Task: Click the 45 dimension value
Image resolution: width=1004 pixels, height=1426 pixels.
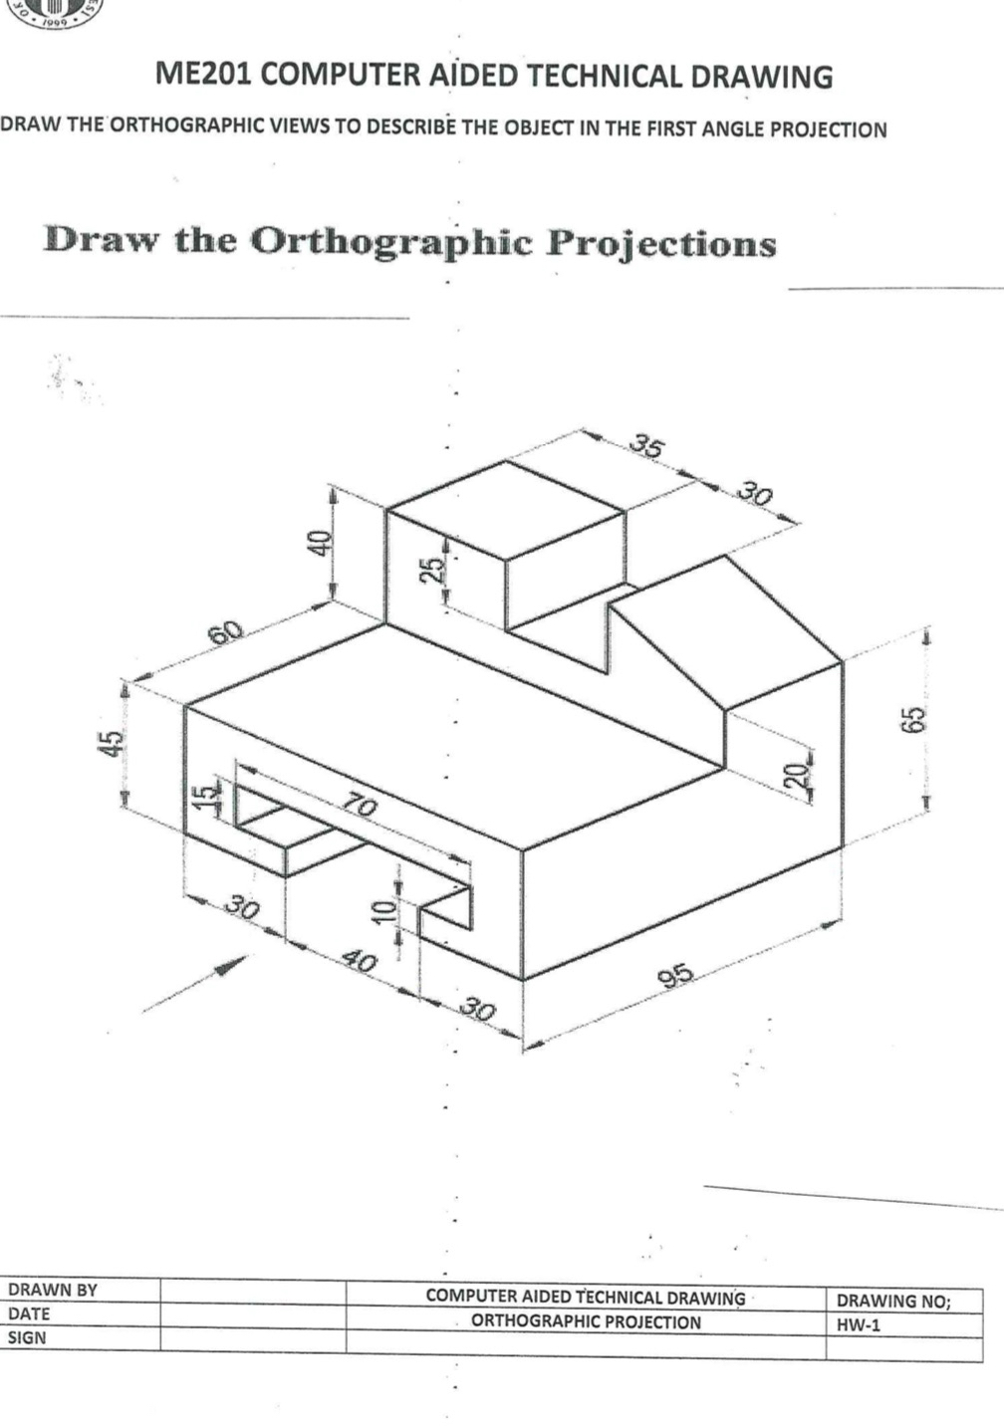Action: [x=116, y=743]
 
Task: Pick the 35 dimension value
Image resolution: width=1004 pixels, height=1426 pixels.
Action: [x=646, y=446]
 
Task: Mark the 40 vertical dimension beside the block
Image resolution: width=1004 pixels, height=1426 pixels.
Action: [x=318, y=544]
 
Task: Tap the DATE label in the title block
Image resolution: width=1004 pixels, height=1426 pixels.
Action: [x=29, y=1313]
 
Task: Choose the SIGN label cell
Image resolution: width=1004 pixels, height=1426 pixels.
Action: [x=27, y=1337]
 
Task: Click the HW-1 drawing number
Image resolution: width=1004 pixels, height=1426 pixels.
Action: [x=859, y=1324]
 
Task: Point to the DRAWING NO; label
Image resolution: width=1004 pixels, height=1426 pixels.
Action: [x=893, y=1300]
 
